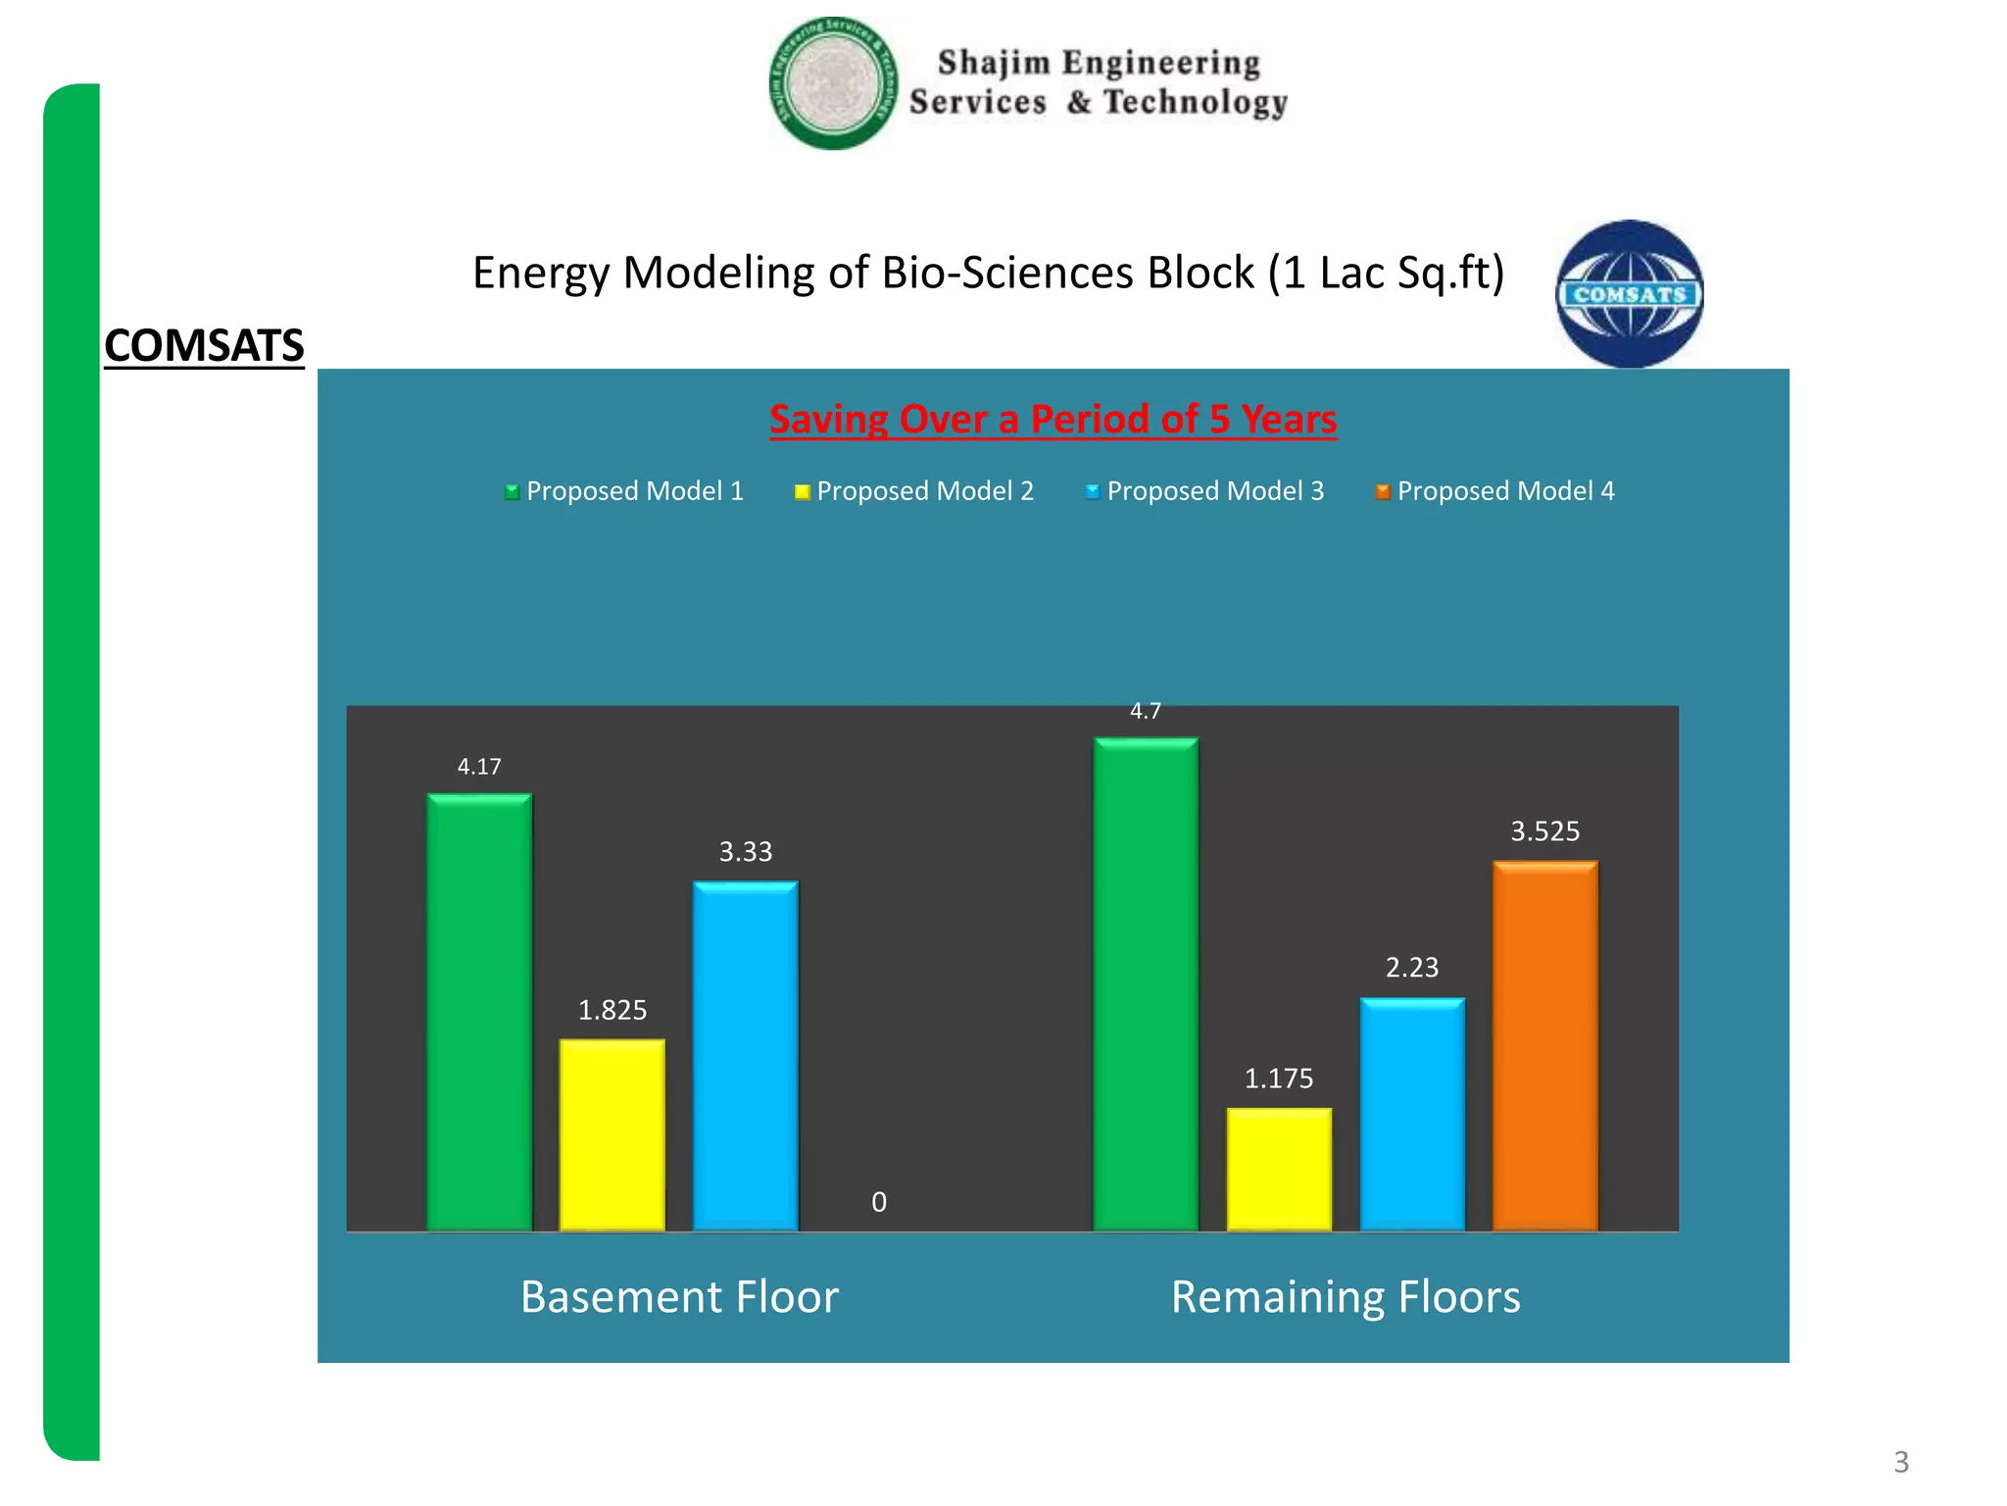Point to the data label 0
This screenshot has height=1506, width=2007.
click(879, 1202)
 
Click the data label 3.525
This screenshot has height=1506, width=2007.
click(1545, 831)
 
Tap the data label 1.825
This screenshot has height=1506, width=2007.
click(612, 1010)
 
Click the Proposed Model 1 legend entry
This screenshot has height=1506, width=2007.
click(624, 491)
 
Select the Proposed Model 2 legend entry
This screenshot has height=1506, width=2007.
click(914, 491)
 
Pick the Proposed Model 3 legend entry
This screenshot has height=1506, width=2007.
click(1204, 491)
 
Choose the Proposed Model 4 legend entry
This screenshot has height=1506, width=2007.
click(1495, 491)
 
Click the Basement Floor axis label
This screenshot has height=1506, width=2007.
click(679, 1296)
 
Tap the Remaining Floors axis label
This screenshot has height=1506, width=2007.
click(1346, 1296)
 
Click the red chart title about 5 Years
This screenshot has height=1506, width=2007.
click(1052, 420)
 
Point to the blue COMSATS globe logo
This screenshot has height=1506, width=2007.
click(1630, 294)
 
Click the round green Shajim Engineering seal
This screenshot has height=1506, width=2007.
click(833, 83)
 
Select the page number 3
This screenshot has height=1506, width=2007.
click(1901, 1462)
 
